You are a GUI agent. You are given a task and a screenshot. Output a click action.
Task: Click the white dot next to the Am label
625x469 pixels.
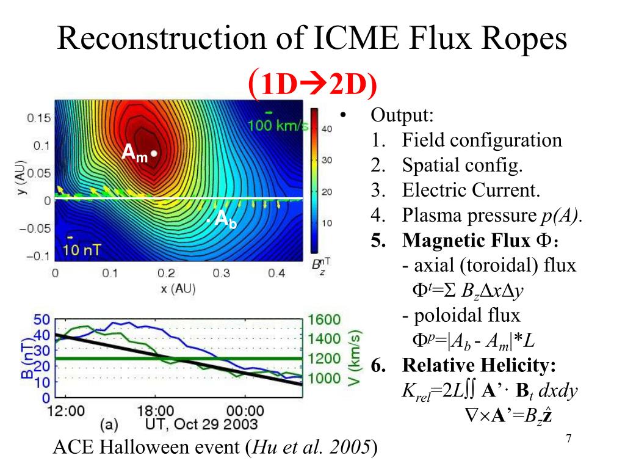(155, 153)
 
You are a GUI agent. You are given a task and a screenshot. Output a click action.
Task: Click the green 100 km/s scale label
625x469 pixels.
(278, 126)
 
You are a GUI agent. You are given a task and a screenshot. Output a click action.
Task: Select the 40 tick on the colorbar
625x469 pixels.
(327, 129)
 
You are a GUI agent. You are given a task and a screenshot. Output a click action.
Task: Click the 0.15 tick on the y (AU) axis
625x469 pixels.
(38, 118)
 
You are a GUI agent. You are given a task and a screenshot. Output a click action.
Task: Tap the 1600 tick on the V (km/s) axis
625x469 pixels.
(324, 320)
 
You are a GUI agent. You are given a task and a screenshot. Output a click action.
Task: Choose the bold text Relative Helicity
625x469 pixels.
(479, 365)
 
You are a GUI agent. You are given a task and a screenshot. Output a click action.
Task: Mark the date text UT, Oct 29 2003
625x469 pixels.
(201, 424)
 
